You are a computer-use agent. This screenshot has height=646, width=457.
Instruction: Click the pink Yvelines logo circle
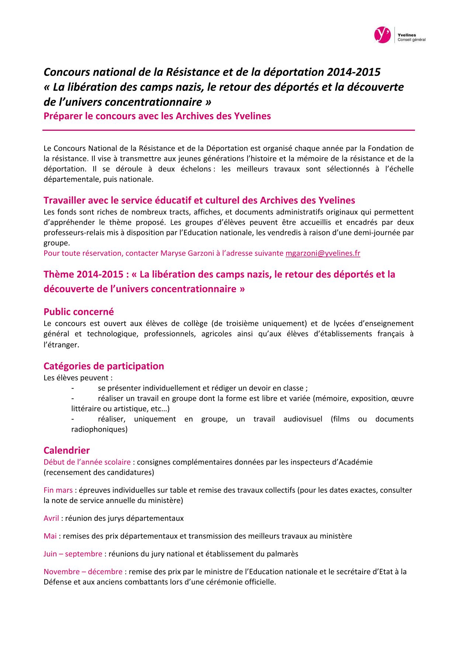click(x=382, y=35)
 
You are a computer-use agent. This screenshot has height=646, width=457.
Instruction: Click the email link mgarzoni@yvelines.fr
click(x=323, y=253)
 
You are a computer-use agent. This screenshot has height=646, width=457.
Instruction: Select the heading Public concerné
click(x=79, y=312)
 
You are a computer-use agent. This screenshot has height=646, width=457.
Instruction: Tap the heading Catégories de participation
click(x=104, y=366)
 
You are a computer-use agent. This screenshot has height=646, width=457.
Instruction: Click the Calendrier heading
click(x=66, y=450)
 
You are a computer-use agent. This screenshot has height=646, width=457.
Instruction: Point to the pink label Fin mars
click(x=58, y=490)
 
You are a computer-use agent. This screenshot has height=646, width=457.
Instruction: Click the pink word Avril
click(x=51, y=518)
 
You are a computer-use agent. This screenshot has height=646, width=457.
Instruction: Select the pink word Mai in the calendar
click(x=50, y=536)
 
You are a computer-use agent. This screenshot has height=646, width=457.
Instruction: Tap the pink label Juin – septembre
click(x=73, y=554)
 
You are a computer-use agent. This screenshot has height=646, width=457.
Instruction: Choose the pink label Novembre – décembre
click(x=83, y=572)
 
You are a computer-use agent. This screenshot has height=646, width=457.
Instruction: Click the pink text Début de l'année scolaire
click(x=87, y=462)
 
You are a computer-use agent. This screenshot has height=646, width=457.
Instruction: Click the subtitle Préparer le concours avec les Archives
click(x=157, y=116)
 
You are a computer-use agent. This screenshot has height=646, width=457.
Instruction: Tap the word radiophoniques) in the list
click(x=99, y=429)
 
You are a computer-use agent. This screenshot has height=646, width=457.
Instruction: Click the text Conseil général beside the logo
click(x=411, y=40)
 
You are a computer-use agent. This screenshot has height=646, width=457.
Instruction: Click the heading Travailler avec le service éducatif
click(x=199, y=200)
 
